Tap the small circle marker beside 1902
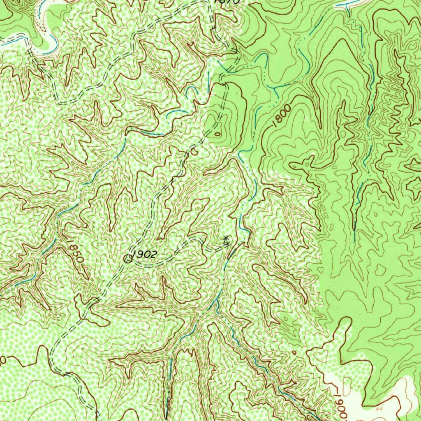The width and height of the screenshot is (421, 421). point(128,259)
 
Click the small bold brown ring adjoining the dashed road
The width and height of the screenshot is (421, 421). point(191,151)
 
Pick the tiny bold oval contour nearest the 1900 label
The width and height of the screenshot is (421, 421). point(294,353)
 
